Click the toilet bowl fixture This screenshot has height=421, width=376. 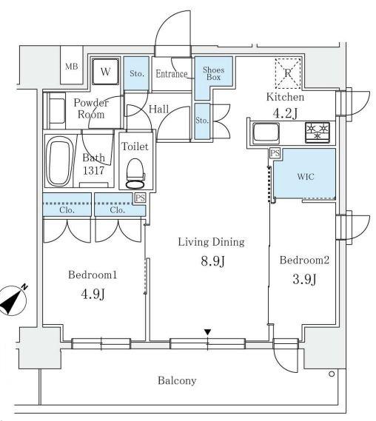(x=135, y=173)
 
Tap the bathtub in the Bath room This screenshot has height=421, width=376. (x=58, y=161)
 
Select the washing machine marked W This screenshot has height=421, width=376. (x=105, y=72)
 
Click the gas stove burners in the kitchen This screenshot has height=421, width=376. (x=318, y=132)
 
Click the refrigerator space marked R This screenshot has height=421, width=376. (x=288, y=73)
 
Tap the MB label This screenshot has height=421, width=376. (x=72, y=66)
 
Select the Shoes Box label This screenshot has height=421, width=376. (x=213, y=73)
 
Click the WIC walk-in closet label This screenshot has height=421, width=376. (x=306, y=176)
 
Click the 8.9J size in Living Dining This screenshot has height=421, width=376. (x=212, y=261)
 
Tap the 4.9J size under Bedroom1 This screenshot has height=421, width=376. (x=93, y=294)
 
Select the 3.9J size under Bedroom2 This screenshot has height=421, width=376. (x=304, y=279)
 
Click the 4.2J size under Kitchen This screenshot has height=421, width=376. (x=285, y=113)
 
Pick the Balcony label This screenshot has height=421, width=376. (x=177, y=380)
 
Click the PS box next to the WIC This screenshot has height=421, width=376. (x=275, y=153)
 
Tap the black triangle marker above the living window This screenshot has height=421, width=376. (x=207, y=332)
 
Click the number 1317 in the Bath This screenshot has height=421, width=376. (x=93, y=170)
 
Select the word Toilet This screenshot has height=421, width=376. (x=135, y=146)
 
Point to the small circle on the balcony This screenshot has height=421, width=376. (x=332, y=374)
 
